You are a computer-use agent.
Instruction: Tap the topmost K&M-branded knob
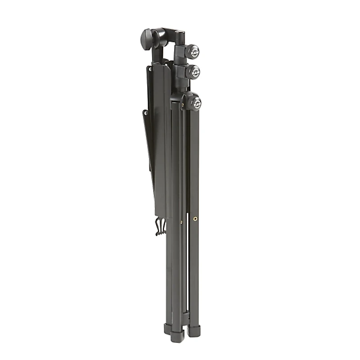(193, 50)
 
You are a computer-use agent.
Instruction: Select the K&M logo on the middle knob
(194, 72)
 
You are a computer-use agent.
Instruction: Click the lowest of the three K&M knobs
(195, 103)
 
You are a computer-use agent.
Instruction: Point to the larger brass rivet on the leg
(195, 219)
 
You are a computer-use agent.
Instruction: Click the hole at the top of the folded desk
(149, 69)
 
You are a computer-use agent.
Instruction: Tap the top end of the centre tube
(180, 34)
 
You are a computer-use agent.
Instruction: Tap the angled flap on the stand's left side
(149, 144)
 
